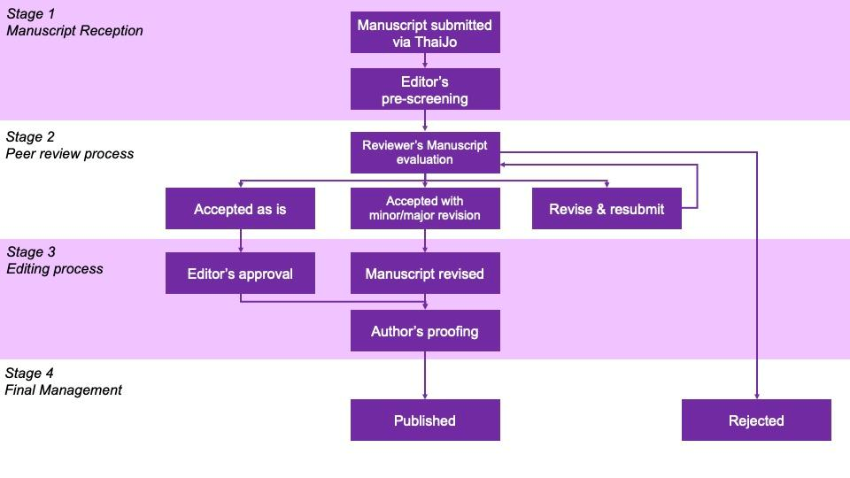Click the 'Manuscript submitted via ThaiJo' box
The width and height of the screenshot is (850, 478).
pos(425,33)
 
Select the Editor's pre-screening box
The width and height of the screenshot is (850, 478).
pos(425,89)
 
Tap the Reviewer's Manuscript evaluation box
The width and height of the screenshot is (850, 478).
pos(425,152)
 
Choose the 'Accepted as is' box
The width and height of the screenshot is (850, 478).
pos(240,209)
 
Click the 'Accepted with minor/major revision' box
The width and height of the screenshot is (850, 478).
pos(425,209)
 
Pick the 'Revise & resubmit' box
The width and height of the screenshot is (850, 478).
pos(607,209)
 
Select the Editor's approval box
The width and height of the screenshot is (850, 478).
pos(240,274)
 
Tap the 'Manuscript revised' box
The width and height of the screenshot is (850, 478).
pos(425,274)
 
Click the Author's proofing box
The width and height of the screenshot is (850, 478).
pos(425,331)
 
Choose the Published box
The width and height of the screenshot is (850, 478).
pos(425,420)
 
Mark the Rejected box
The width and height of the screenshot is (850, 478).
pos(756,420)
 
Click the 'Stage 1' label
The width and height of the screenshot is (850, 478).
pos(31,13)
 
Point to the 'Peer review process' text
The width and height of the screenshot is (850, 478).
pos(70,153)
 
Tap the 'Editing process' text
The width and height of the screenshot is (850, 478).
pos(55,268)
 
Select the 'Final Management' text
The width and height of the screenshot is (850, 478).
pos(64,389)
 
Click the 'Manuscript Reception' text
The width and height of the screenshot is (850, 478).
pos(74,30)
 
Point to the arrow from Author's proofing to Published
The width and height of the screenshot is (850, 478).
pos(425,375)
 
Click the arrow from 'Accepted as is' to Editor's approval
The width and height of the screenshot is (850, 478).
pos(240,241)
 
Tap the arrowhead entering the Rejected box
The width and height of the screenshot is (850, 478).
pos(757,395)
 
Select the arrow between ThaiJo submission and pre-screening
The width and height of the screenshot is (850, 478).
pos(425,61)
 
